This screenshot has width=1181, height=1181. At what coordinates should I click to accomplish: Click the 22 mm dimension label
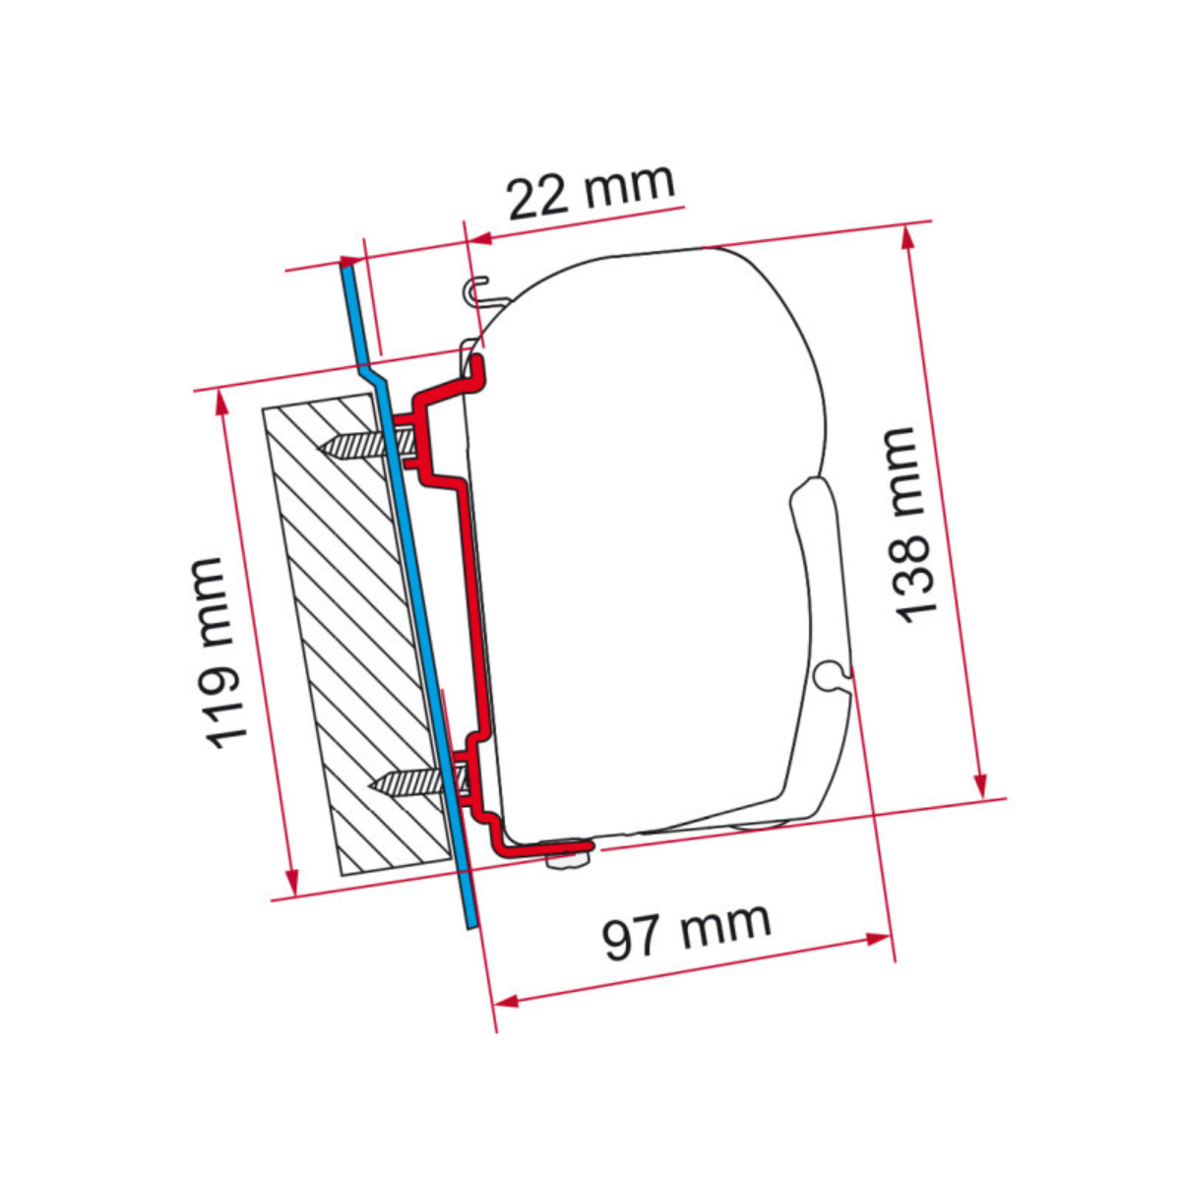[x=590, y=192]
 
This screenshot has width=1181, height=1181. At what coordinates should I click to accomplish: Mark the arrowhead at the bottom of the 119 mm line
[x=290, y=881]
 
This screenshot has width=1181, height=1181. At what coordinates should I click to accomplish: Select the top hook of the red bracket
[x=476, y=369]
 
